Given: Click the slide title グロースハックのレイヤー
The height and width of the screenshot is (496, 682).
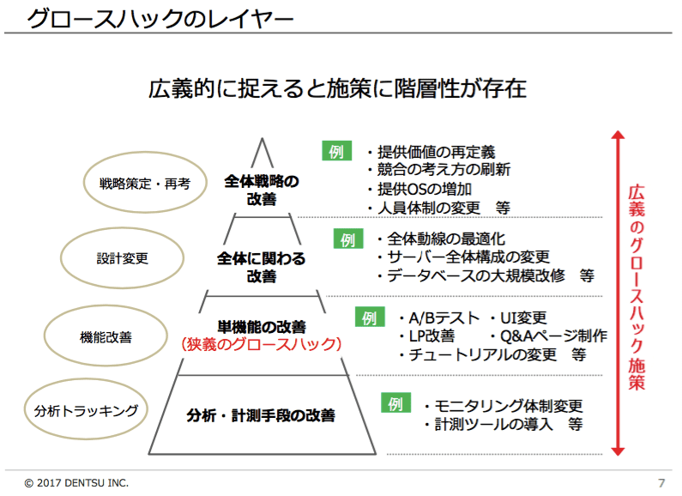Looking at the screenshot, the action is point(160,19).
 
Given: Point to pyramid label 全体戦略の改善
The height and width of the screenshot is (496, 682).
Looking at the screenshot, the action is point(262,190).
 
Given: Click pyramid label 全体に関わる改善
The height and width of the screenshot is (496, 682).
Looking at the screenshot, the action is point(262,267).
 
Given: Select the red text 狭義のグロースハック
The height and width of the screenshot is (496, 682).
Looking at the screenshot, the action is point(262,344).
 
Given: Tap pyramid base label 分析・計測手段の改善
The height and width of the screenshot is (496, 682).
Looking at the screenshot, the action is point(261,415).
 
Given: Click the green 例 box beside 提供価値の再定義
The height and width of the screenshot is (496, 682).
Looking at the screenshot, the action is point(336,151).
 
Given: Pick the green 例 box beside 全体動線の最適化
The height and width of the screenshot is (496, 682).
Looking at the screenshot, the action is point(348,239).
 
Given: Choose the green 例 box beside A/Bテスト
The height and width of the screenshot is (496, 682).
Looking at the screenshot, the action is point(370,318).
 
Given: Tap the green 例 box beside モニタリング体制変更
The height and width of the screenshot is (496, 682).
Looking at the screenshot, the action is point(395,402).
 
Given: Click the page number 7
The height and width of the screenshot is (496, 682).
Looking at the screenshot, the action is point(661,483).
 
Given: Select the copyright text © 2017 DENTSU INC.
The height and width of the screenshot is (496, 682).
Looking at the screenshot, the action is point(76,483).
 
